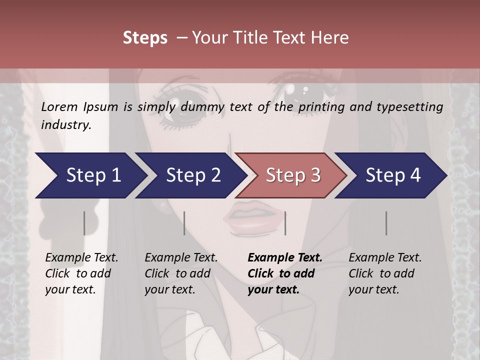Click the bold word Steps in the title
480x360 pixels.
point(145,37)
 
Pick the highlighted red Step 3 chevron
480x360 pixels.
point(293,175)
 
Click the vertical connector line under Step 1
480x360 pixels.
point(84,223)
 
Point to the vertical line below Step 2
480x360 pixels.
point(184,223)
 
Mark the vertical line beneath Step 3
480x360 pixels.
point(285,223)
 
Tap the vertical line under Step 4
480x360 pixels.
point(386,223)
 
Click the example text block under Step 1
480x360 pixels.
point(81,273)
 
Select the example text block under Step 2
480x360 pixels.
point(181,273)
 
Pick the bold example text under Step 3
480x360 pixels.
point(284,273)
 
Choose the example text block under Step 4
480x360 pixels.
point(385,273)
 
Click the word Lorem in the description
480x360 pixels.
point(59,106)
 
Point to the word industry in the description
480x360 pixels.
point(65,125)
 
